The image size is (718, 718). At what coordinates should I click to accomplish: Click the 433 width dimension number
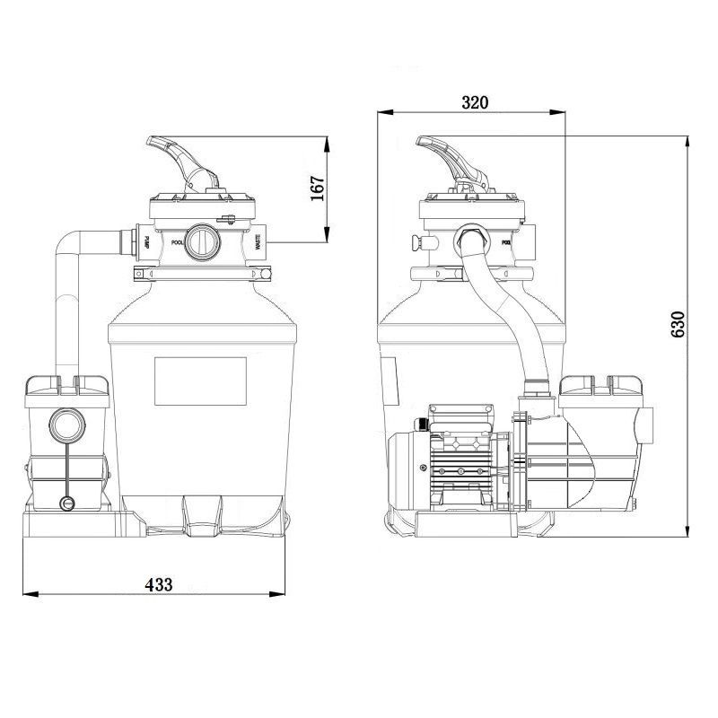click(158, 583)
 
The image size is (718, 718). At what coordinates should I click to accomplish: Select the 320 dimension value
click(475, 102)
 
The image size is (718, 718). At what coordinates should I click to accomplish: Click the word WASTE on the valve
click(258, 241)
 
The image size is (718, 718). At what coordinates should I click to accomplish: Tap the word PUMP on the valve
click(145, 241)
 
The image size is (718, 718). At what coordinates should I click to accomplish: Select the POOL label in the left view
click(177, 241)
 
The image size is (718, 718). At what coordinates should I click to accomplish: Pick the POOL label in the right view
click(506, 241)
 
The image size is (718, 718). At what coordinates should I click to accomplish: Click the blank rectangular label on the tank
click(200, 379)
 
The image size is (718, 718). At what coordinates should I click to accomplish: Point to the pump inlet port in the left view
click(66, 421)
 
